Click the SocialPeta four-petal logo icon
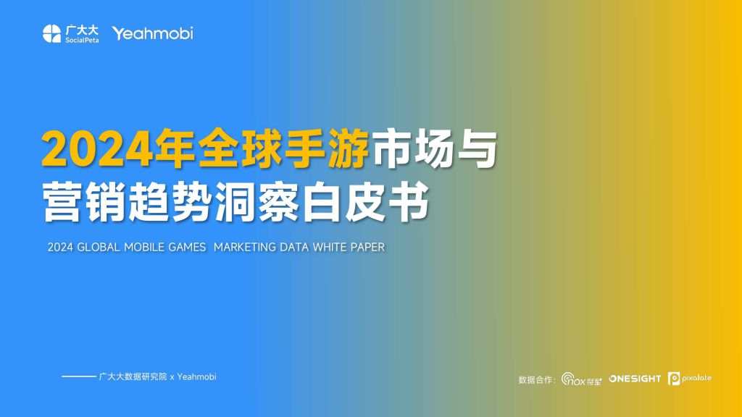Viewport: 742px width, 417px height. pos(51,33)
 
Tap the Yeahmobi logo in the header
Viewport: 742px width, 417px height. pos(152,33)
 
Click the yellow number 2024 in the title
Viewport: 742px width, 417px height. pos(98,148)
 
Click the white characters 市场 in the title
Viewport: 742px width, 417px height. pos(412,148)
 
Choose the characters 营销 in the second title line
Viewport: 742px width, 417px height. pos(84,203)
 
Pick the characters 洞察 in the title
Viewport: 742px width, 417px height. pos(257,203)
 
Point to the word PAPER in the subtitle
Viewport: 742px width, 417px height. pos(367,248)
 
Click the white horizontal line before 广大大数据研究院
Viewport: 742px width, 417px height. pos(78,376)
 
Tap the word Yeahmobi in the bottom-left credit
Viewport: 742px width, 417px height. pos(197,376)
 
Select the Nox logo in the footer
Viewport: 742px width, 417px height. pos(581,379)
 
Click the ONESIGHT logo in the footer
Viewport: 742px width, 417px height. pos(635,379)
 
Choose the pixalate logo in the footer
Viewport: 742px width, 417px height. pos(690,378)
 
